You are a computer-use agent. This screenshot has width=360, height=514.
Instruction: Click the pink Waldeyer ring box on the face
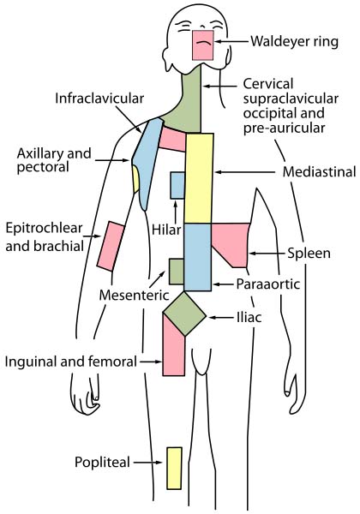click(x=203, y=45)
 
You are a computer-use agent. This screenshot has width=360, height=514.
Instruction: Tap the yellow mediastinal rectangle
click(x=199, y=178)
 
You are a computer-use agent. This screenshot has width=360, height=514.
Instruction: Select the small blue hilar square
click(x=177, y=186)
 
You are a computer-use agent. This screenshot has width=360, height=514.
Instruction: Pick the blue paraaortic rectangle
click(x=198, y=257)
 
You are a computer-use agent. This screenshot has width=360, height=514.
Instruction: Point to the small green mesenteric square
click(x=177, y=272)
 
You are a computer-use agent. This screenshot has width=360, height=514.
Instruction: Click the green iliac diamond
click(x=184, y=314)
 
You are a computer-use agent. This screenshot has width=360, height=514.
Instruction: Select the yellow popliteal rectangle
click(x=174, y=468)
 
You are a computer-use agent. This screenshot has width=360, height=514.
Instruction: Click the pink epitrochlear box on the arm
click(x=111, y=246)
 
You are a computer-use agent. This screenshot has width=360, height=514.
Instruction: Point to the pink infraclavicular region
click(x=172, y=140)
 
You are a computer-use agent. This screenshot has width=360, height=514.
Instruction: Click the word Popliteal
click(x=102, y=463)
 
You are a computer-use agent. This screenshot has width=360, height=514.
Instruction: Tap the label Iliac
click(x=249, y=317)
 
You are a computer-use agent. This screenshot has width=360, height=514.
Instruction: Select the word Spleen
click(x=309, y=253)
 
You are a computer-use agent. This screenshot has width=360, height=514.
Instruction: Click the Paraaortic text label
click(x=268, y=284)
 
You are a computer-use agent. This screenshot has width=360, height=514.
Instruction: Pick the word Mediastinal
click(x=320, y=171)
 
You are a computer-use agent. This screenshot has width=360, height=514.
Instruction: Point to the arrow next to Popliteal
click(x=148, y=463)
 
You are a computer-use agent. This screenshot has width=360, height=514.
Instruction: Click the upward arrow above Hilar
click(x=176, y=212)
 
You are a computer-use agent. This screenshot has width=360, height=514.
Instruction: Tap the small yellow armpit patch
click(x=136, y=179)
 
